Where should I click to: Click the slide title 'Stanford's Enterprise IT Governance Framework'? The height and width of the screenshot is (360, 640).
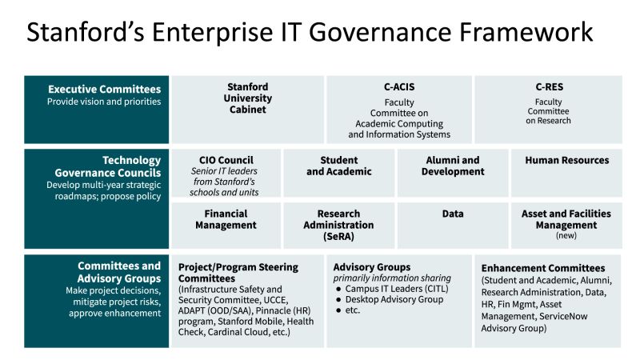310,33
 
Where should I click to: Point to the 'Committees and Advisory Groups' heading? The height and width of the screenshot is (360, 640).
119,272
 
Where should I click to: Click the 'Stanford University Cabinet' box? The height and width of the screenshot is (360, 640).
247,98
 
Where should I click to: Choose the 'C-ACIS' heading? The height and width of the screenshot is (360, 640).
399,86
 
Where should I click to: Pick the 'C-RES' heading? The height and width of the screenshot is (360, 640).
548,86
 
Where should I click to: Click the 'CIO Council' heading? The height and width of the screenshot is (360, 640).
225,160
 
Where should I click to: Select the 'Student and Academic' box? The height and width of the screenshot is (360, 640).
339,166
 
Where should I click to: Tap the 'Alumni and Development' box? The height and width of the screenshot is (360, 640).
453,166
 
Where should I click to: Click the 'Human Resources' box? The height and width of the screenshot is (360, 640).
566,160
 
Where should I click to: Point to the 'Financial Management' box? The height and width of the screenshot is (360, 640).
226,219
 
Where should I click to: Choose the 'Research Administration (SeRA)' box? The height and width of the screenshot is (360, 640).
339,225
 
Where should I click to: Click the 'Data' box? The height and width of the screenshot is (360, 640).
453,214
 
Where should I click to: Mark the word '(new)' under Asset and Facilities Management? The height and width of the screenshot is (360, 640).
566,236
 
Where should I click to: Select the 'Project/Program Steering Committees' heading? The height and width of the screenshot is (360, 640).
237,272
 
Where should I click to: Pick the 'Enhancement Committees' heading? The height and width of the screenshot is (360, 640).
542,267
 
